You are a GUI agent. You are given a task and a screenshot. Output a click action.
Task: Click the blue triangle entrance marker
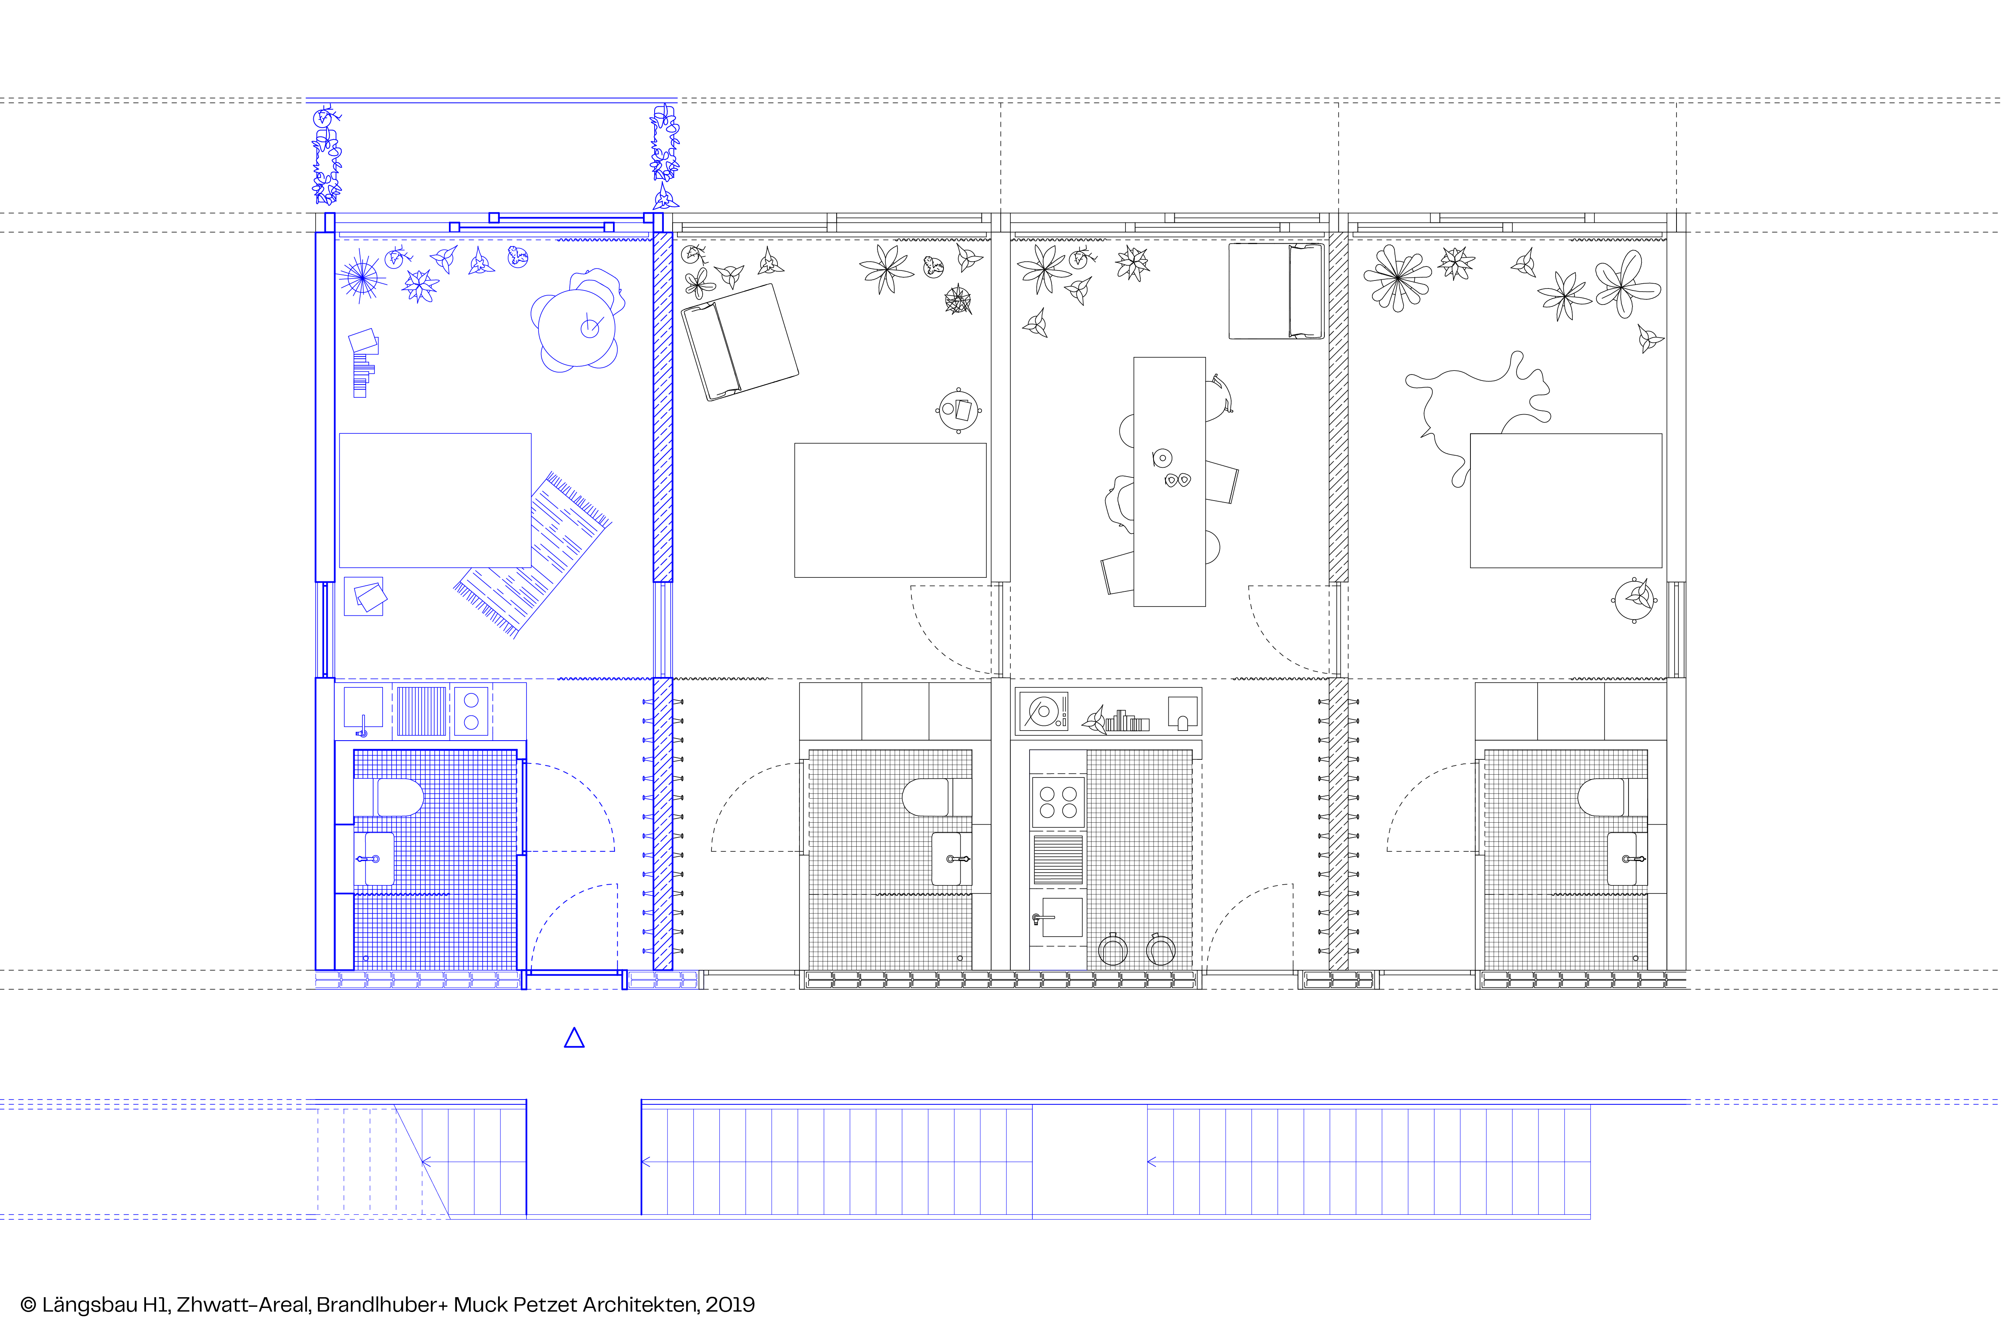[574, 1039]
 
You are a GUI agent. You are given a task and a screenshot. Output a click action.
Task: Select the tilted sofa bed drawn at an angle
[739, 342]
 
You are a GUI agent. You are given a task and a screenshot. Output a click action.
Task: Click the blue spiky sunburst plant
[362, 276]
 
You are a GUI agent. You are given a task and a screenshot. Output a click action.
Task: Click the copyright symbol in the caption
[28, 1305]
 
